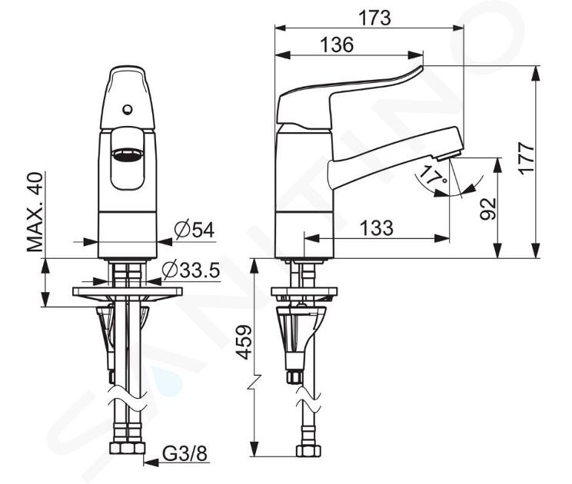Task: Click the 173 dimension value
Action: pos(374,18)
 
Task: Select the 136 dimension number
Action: pos(337,45)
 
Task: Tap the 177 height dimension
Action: pos(527,158)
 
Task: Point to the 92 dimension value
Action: pos(488,209)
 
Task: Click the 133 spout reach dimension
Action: pos(376,227)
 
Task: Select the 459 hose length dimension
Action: pos(244,342)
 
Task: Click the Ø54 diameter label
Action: pos(195,230)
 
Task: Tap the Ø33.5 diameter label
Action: pos(191,270)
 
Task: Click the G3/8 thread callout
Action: pos(185,454)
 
